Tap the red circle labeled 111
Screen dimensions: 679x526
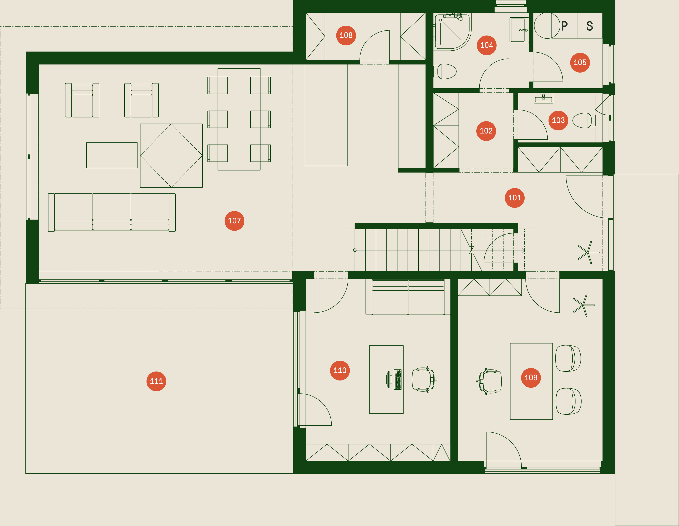click(156, 381)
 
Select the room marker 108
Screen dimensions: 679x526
click(346, 36)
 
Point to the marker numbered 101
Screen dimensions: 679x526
click(515, 198)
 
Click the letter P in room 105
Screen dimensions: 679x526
click(565, 26)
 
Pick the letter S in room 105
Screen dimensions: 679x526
click(590, 26)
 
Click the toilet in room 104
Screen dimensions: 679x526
click(445, 71)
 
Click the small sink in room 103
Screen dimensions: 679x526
click(543, 98)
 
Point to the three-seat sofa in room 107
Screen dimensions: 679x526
click(112, 213)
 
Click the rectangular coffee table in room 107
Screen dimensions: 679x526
click(112, 155)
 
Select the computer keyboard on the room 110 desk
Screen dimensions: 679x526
click(398, 379)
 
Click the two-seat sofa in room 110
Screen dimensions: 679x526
click(408, 297)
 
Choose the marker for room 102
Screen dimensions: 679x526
click(486, 131)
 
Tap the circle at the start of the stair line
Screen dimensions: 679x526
click(355, 250)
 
